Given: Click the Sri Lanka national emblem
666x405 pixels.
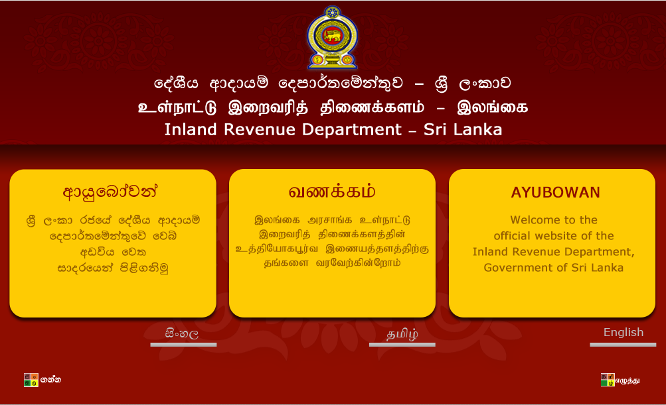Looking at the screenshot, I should (x=332, y=38).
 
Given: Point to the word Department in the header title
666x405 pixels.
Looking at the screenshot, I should (x=352, y=129).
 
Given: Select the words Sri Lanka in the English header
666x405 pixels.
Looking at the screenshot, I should (x=467, y=129).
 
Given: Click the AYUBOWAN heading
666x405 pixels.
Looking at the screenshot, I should (x=555, y=193).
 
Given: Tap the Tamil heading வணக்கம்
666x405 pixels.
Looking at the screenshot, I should (x=332, y=192).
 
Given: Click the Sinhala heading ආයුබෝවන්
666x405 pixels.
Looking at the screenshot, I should (x=112, y=193).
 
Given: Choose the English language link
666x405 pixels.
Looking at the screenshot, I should (x=623, y=333).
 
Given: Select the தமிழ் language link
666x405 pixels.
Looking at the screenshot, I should (x=402, y=334).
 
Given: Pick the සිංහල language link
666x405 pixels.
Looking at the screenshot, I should (x=182, y=334).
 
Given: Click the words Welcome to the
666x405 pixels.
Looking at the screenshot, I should (x=554, y=220).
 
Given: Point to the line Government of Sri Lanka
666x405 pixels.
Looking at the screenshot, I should (x=553, y=268).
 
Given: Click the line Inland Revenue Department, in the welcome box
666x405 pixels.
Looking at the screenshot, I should (x=553, y=252).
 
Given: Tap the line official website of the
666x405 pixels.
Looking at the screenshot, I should (x=553, y=236).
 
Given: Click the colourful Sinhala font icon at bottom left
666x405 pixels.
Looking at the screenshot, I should (x=31, y=380).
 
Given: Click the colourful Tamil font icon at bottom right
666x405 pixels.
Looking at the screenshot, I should (x=607, y=380).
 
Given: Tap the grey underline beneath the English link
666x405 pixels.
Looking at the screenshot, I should (x=623, y=345).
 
